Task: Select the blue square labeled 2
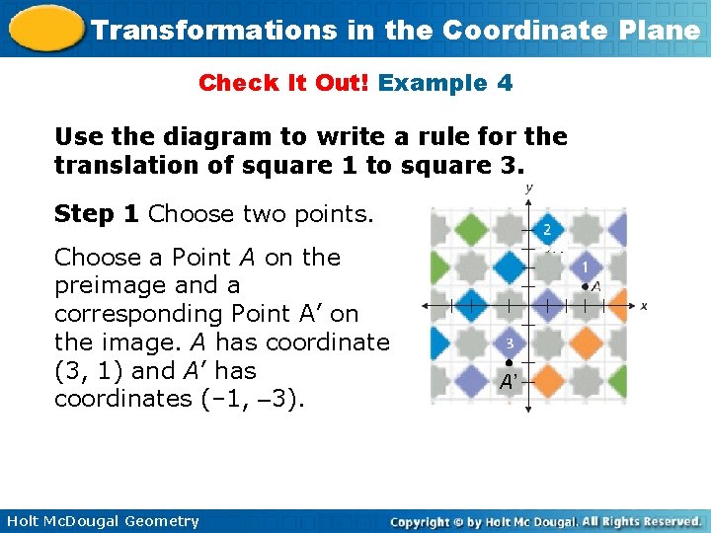pos(546,229)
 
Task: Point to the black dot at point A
pos(586,286)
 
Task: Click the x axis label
pos(644,306)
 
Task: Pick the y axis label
pos(530,188)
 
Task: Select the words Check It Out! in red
pos(283,83)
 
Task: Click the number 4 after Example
pos(505,83)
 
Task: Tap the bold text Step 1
pos(97,214)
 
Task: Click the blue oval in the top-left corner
pos(43,28)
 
